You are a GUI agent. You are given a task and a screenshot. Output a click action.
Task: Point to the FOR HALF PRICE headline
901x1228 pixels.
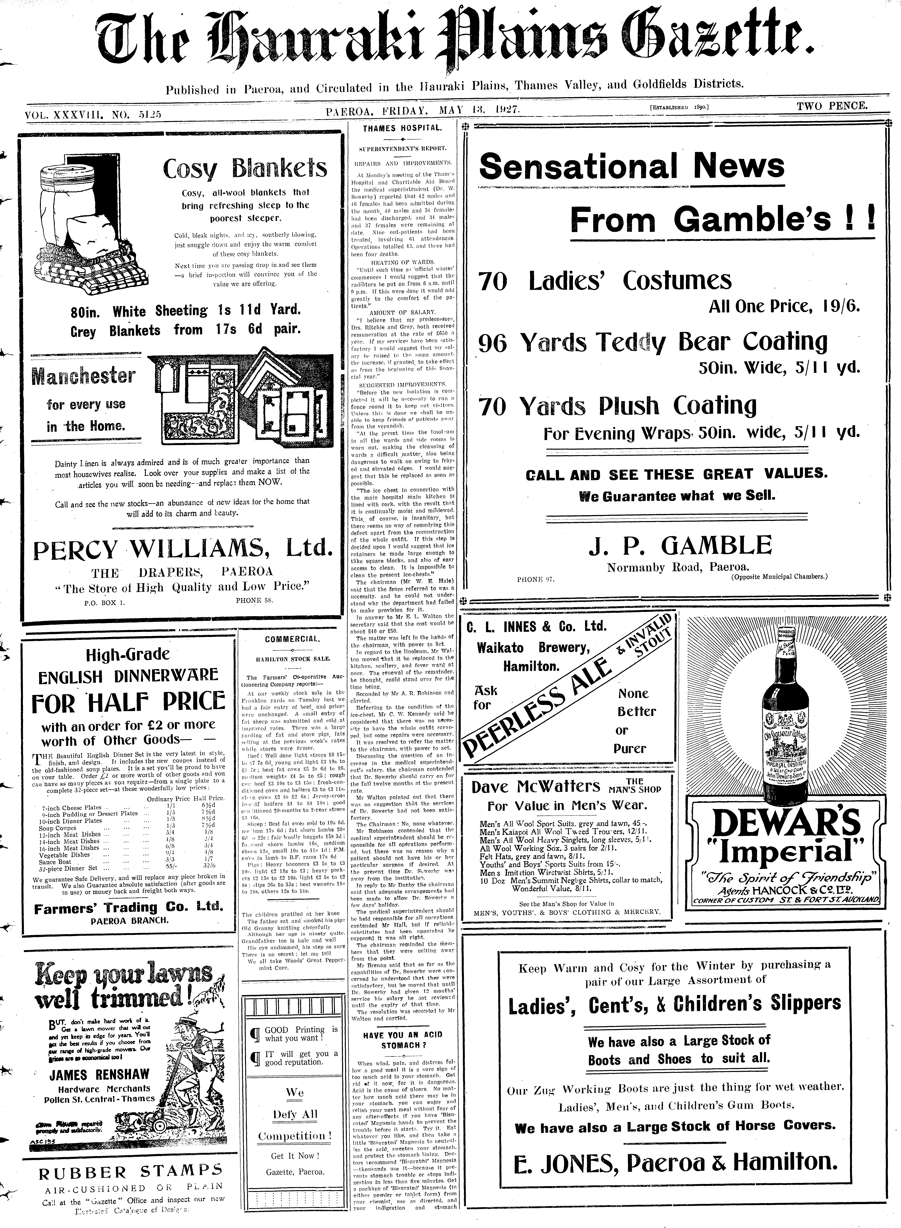(x=128, y=703)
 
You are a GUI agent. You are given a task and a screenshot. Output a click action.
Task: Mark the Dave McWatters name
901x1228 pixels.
(x=536, y=786)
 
